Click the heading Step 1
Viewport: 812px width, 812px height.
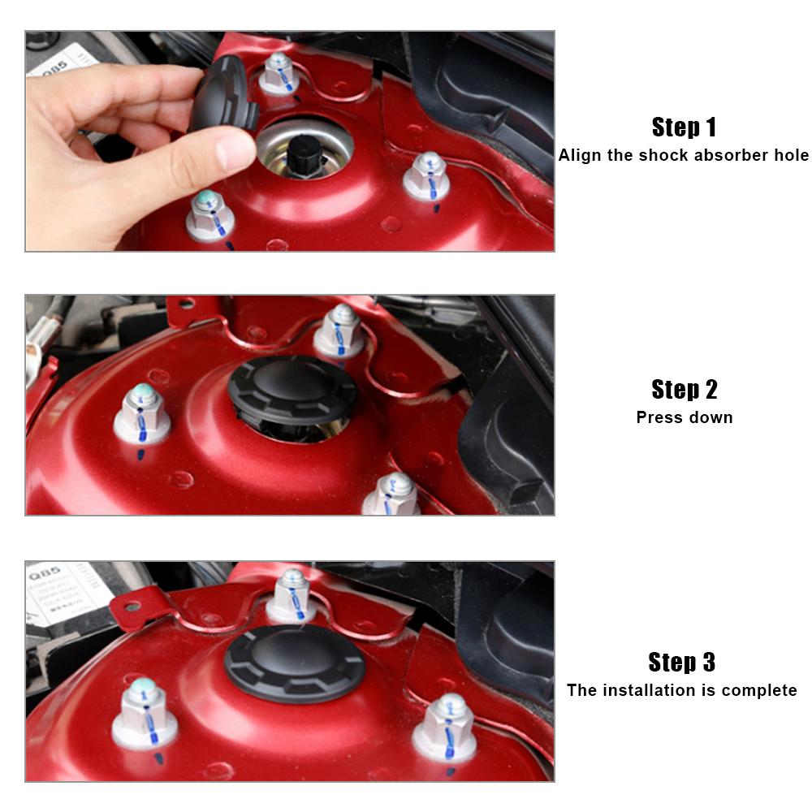click(x=684, y=127)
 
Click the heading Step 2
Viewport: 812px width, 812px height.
click(x=684, y=390)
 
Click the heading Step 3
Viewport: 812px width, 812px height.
click(x=681, y=663)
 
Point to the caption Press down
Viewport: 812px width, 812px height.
click(x=684, y=417)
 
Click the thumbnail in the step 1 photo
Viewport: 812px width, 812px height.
click(x=235, y=152)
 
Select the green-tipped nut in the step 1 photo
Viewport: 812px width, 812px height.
click(x=209, y=216)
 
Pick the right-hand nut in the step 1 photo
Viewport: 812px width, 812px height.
click(x=427, y=176)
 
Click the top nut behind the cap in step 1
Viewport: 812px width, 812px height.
click(x=279, y=74)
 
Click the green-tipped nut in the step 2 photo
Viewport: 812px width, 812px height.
click(x=142, y=413)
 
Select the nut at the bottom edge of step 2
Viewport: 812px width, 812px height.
click(x=392, y=494)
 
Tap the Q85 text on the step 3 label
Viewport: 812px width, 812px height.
click(x=45, y=574)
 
